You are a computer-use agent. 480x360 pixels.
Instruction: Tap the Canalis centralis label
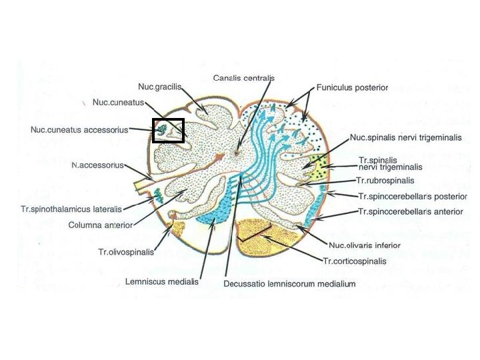(244, 78)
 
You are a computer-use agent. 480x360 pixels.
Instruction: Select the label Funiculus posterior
(352, 87)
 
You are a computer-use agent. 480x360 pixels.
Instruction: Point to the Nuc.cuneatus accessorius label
(79, 129)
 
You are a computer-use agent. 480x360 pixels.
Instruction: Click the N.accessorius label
(97, 165)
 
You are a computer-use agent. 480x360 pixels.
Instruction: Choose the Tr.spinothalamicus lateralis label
(70, 209)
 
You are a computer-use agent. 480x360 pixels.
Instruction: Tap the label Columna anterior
(101, 225)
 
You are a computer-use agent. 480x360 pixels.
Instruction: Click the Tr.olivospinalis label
(126, 252)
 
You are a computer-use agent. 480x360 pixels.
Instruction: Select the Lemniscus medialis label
(161, 281)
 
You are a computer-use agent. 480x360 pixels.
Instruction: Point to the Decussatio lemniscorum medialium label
(289, 283)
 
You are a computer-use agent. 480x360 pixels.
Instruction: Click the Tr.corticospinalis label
(354, 261)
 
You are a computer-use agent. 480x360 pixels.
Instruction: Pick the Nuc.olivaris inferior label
(365, 245)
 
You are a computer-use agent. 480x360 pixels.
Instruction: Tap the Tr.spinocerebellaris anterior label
(410, 211)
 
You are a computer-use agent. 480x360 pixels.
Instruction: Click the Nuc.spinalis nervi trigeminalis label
(405, 137)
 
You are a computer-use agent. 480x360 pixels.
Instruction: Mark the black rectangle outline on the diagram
(168, 130)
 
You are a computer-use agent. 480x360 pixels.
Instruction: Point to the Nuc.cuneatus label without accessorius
(119, 102)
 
